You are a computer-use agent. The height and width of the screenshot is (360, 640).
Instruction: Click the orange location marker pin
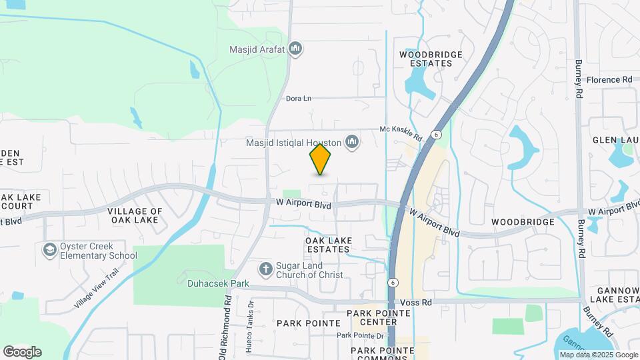[320, 159]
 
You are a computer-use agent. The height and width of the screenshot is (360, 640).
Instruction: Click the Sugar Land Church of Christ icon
[265, 269]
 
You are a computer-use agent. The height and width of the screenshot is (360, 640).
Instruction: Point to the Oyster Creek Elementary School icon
[49, 250]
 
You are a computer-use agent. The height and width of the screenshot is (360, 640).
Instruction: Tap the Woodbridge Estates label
[426, 59]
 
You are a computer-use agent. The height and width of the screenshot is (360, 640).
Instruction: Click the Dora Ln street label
[298, 99]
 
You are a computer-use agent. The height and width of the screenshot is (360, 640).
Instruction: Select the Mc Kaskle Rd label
[401, 133]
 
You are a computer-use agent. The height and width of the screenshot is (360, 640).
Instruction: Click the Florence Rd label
[609, 80]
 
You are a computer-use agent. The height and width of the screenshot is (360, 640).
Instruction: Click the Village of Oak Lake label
[135, 215]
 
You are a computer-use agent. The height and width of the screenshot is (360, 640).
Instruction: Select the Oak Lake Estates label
[327, 245]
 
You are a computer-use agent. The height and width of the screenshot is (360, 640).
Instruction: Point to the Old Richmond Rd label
[226, 327]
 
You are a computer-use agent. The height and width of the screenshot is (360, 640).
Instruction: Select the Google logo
[22, 352]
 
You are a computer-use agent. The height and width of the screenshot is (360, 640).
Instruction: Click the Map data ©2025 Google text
[599, 355]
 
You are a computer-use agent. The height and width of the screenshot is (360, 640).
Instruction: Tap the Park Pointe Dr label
[360, 335]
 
